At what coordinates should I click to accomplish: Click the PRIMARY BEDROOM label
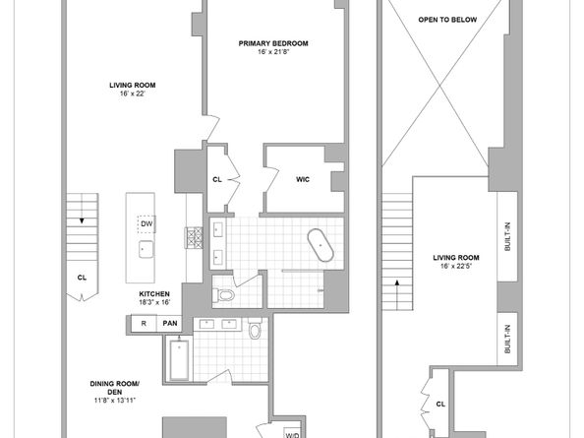pos(273,43)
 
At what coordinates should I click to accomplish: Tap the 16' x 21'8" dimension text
pos(273,52)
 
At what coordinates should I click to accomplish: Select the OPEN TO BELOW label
pos(447,20)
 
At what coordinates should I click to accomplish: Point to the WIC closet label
pos(303,180)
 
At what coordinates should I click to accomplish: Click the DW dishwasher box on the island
pos(146,224)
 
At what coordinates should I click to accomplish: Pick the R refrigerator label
pos(144,324)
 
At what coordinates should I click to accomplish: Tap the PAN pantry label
pos(170,324)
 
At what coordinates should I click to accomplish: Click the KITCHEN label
pos(154,294)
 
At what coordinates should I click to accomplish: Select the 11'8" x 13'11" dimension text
pos(115,401)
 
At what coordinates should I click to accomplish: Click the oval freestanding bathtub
pos(320,245)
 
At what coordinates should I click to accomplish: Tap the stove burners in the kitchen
pos(194,238)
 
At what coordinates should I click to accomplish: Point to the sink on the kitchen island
pos(146,249)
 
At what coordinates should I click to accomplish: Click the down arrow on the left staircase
pos(82,221)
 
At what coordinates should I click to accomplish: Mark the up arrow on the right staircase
pos(397,282)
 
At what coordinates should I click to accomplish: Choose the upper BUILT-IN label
pos(507,236)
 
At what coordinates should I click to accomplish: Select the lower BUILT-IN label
pos(507,339)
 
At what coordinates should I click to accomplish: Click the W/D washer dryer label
pos(292,435)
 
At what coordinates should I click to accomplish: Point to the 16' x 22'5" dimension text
pos(456,266)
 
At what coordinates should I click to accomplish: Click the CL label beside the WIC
pos(217,180)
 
